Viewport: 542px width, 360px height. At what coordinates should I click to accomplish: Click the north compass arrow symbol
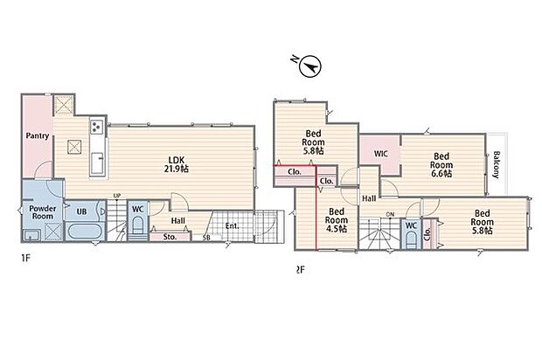[310, 66]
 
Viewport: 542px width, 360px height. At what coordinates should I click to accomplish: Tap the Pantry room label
[38, 135]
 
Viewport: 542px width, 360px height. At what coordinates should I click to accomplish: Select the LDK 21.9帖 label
[177, 164]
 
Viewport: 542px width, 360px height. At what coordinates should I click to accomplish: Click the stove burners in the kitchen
[96, 127]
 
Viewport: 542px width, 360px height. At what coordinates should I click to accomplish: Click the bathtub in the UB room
[85, 232]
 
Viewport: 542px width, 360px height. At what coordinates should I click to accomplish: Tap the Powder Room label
[43, 212]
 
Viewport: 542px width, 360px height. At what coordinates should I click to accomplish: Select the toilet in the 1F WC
[137, 226]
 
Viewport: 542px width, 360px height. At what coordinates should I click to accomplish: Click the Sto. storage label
[170, 238]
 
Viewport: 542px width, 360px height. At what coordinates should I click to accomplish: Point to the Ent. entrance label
[232, 226]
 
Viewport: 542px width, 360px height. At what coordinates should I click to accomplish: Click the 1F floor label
[26, 258]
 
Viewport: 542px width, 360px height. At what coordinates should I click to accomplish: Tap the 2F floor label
[301, 269]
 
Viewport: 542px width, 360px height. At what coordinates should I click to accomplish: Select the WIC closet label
[381, 154]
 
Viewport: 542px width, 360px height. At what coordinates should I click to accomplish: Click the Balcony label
[497, 164]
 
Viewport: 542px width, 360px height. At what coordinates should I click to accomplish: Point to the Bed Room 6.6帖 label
[441, 165]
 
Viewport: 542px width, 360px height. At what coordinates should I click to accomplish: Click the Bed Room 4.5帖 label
[337, 220]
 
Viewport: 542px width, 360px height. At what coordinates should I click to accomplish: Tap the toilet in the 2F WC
[411, 238]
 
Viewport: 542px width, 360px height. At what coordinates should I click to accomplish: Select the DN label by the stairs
[390, 215]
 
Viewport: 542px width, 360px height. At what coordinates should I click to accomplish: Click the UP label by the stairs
[117, 196]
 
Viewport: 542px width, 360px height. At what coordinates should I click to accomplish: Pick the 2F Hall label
[369, 198]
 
